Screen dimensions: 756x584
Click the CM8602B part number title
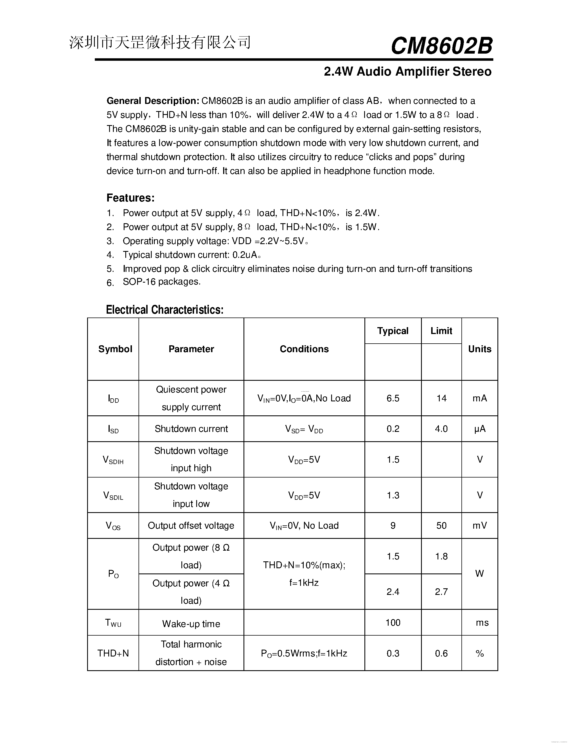click(441, 46)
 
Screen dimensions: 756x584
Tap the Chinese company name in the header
click(160, 43)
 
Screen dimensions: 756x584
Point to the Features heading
click(131, 198)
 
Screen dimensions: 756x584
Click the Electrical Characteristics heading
click(165, 310)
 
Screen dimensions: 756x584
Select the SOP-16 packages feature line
click(162, 282)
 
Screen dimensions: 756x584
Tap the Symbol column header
click(115, 349)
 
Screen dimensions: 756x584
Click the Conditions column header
click(304, 349)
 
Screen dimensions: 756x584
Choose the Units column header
click(480, 349)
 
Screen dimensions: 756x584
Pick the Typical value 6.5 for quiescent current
click(393, 398)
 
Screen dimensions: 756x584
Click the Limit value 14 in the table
click(441, 398)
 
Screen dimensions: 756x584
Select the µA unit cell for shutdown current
click(480, 429)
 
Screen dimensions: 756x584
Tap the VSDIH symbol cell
click(113, 460)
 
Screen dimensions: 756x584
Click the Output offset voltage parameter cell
click(191, 525)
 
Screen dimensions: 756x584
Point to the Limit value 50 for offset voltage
click(441, 525)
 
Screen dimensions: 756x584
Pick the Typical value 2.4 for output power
click(393, 592)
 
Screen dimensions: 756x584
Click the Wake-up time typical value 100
click(393, 622)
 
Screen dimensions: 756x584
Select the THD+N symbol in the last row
click(113, 653)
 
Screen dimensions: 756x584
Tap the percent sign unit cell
click(480, 653)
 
